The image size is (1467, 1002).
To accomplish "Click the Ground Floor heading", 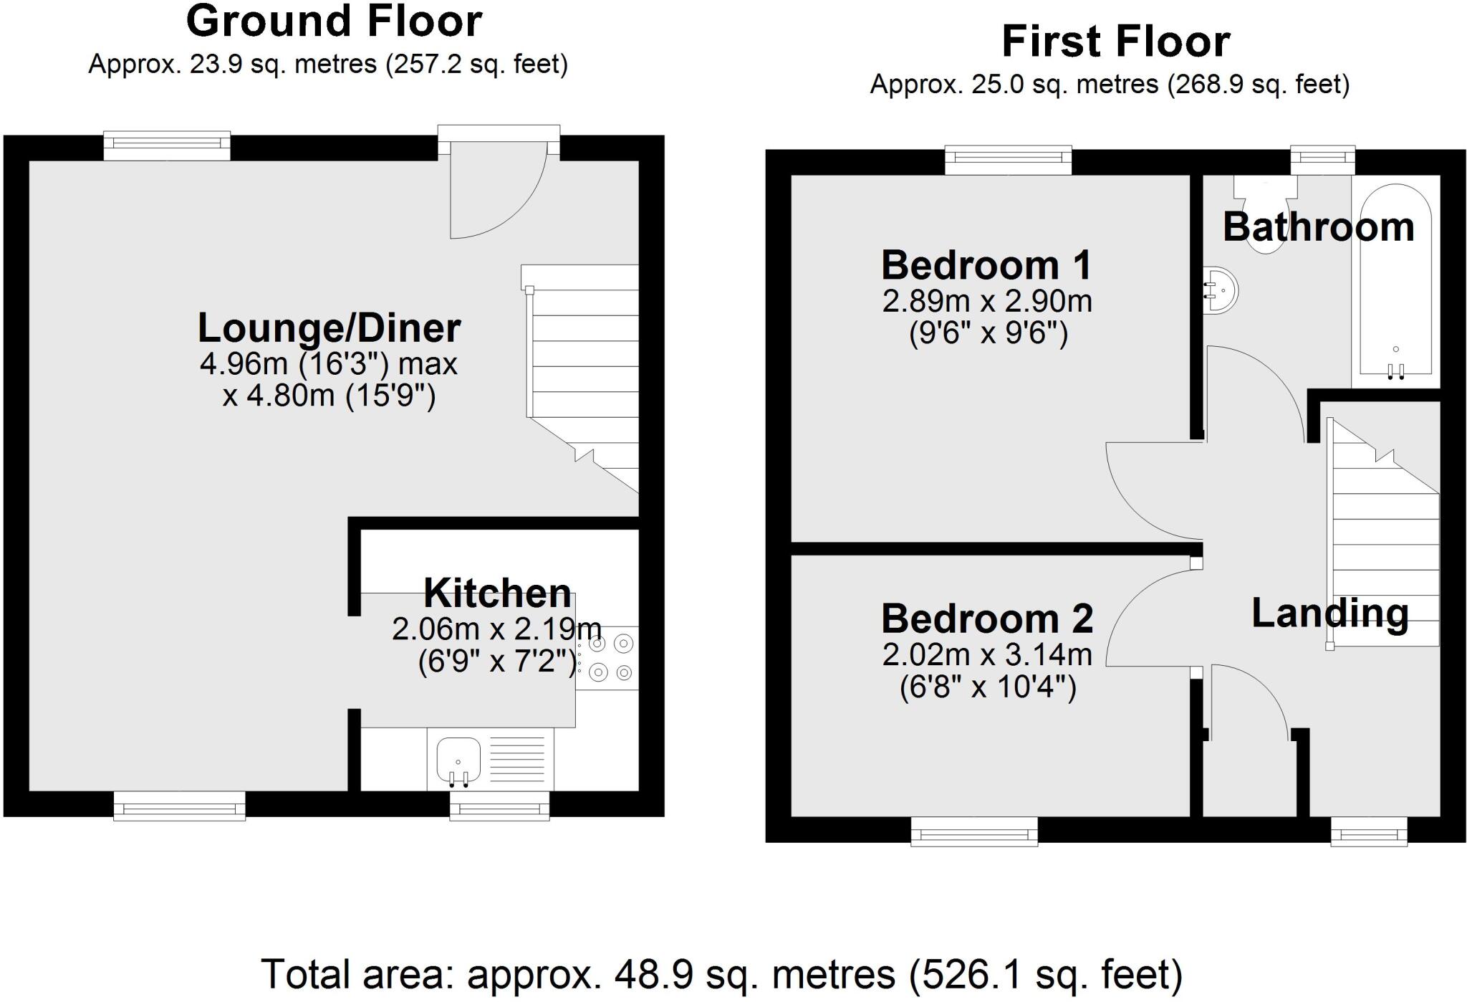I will click(334, 22).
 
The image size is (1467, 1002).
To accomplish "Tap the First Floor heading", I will click(1115, 42).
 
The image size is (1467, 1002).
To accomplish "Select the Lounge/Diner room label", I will click(329, 328).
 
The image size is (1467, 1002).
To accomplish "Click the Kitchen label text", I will click(497, 593).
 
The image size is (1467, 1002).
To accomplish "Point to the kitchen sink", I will click(458, 759).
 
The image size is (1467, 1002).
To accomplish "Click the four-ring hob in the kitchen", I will click(607, 658).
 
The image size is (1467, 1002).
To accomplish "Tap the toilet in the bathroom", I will click(1265, 215).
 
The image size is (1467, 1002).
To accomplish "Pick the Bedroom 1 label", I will click(986, 265).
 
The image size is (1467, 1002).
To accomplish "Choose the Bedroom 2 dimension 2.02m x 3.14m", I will click(986, 655).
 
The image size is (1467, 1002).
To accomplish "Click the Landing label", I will click(1329, 614).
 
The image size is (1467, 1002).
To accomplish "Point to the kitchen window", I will click(499, 807).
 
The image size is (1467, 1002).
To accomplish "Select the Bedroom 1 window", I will click(1008, 159).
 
